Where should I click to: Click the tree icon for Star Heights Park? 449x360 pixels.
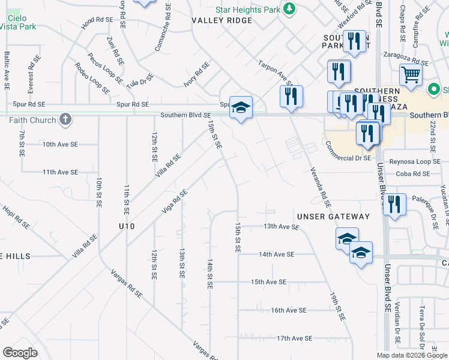[290, 8]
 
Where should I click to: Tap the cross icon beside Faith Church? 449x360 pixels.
[65, 119]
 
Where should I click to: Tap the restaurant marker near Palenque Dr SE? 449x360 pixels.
[394, 203]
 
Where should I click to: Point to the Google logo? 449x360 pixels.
[20, 353]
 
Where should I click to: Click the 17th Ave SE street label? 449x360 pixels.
[295, 338]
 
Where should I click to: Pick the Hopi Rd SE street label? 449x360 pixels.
[15, 215]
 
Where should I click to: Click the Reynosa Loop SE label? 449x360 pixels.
[414, 161]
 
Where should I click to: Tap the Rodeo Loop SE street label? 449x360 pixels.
[92, 79]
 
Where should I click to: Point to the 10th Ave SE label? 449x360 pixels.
[60, 145]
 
